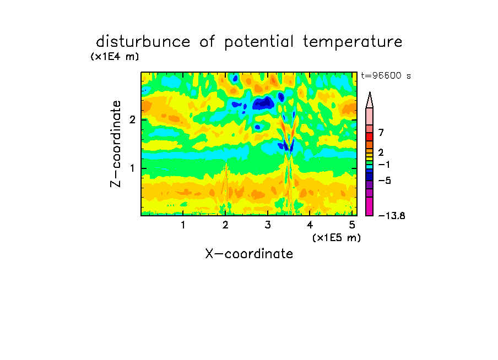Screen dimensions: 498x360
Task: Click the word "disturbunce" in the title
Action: [x=143, y=42]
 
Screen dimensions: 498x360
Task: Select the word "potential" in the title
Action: [x=259, y=42]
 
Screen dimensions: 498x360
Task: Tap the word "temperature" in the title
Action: [x=353, y=42]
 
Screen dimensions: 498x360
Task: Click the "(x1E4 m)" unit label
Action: [x=115, y=57]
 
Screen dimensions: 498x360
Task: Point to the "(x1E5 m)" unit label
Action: [x=337, y=237]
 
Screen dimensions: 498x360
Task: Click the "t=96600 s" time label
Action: [x=386, y=75]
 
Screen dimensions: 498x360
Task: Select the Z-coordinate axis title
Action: [x=115, y=144]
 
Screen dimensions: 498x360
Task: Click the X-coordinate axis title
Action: [x=249, y=254]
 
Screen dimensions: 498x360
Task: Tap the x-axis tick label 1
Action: [x=183, y=225]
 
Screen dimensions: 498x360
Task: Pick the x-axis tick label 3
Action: [x=268, y=225]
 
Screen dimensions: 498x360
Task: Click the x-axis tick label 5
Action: [x=352, y=225]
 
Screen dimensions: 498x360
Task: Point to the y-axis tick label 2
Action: [x=132, y=119]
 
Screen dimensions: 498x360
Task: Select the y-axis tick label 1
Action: [x=132, y=168]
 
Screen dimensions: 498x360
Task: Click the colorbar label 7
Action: [x=381, y=132]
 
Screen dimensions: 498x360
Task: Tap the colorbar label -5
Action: [x=385, y=181]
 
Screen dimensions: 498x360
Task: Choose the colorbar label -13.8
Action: [x=392, y=216]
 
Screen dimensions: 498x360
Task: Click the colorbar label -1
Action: [x=384, y=165]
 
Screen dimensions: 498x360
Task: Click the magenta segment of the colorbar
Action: [x=370, y=206]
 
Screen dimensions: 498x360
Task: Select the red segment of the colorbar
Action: [x=370, y=137]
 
